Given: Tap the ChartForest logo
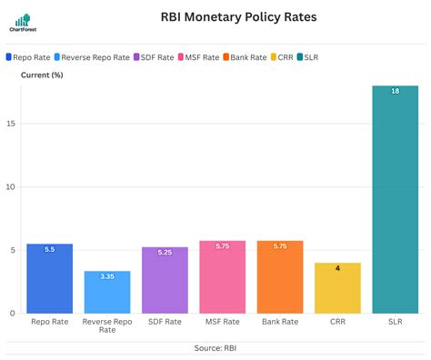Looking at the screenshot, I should [x=22, y=23].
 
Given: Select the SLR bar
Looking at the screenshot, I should [x=395, y=200].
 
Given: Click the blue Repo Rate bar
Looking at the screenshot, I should [x=50, y=279].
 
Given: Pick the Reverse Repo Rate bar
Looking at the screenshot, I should [x=107, y=292].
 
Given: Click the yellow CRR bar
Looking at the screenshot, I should [x=337, y=288].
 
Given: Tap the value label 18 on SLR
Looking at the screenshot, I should [x=395, y=91].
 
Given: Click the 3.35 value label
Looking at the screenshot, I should [x=107, y=276].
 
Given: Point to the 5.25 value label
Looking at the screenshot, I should [x=165, y=253].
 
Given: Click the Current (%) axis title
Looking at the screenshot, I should [x=41, y=75].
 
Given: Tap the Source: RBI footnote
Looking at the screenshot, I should [x=215, y=348].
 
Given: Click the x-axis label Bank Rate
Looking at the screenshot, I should [x=280, y=322].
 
